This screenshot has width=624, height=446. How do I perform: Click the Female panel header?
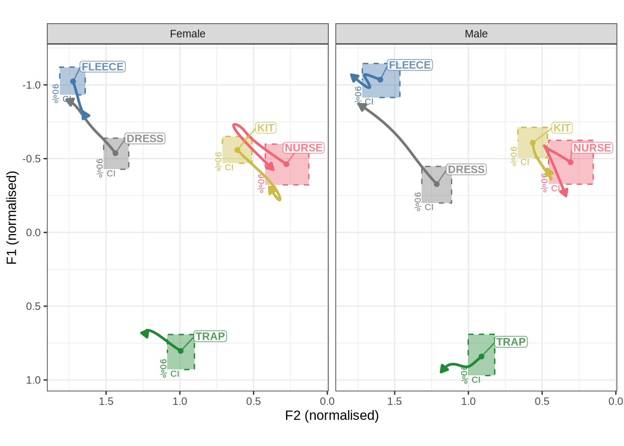pyautogui.click(x=188, y=34)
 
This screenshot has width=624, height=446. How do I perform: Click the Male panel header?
pyautogui.click(x=476, y=34)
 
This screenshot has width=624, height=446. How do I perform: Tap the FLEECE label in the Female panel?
pyautogui.click(x=103, y=67)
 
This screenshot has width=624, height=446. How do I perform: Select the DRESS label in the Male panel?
pyautogui.click(x=466, y=170)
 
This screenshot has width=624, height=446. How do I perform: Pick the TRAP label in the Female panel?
pyautogui.click(x=210, y=336)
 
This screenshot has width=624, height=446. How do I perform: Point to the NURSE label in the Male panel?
pyautogui.click(x=592, y=148)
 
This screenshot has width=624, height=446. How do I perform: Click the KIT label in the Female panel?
pyautogui.click(x=266, y=128)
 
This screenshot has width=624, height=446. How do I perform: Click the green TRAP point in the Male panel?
pyautogui.click(x=481, y=356)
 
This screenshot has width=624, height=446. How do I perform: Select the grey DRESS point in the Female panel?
pyautogui.click(x=115, y=153)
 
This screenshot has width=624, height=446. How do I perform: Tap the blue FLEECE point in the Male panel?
pyautogui.click(x=380, y=79)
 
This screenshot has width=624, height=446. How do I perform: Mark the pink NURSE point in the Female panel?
pyautogui.click(x=286, y=164)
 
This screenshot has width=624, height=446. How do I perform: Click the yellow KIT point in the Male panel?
pyautogui.click(x=533, y=143)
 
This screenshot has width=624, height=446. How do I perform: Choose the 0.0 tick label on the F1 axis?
pyautogui.click(x=33, y=232)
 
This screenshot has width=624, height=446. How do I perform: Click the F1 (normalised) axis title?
pyautogui.click(x=12, y=217)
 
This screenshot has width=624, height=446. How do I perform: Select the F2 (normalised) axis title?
pyautogui.click(x=331, y=415)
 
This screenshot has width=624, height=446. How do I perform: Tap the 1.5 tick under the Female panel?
pyautogui.click(x=106, y=401)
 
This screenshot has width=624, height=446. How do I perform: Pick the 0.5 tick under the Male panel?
pyautogui.click(x=542, y=401)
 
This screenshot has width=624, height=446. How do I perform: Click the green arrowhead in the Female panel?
pyautogui.click(x=145, y=333)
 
